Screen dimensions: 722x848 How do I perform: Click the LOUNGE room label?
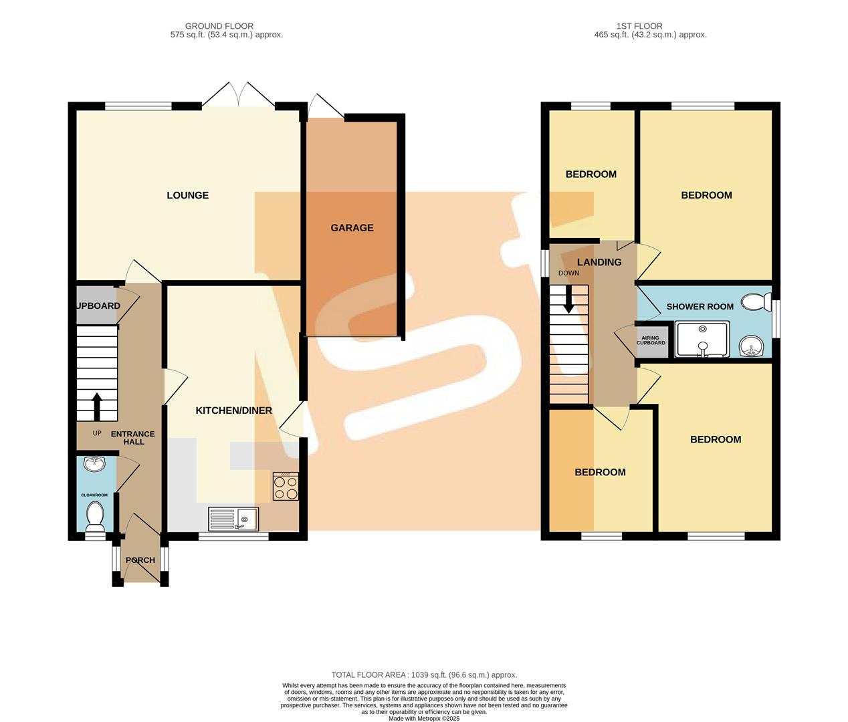(x=187, y=195)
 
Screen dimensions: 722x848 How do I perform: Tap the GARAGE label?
(x=352, y=228)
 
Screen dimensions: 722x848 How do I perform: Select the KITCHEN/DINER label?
(x=233, y=410)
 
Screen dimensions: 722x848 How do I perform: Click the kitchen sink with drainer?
(x=233, y=519)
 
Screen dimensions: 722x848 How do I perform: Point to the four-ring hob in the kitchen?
(x=286, y=487)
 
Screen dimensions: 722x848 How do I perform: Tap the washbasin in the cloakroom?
(x=94, y=463)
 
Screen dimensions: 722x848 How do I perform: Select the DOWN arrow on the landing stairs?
(x=568, y=299)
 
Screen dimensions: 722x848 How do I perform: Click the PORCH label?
(x=140, y=560)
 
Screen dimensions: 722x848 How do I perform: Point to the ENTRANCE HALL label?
(x=132, y=438)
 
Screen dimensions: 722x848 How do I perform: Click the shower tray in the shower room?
(x=702, y=339)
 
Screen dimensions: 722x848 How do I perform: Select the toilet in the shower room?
(x=756, y=302)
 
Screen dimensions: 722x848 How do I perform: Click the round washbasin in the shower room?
(x=755, y=346)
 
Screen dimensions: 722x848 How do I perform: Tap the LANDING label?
(x=599, y=262)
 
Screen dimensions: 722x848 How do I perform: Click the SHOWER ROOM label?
(x=700, y=307)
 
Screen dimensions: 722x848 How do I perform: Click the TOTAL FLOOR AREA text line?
(x=424, y=675)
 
